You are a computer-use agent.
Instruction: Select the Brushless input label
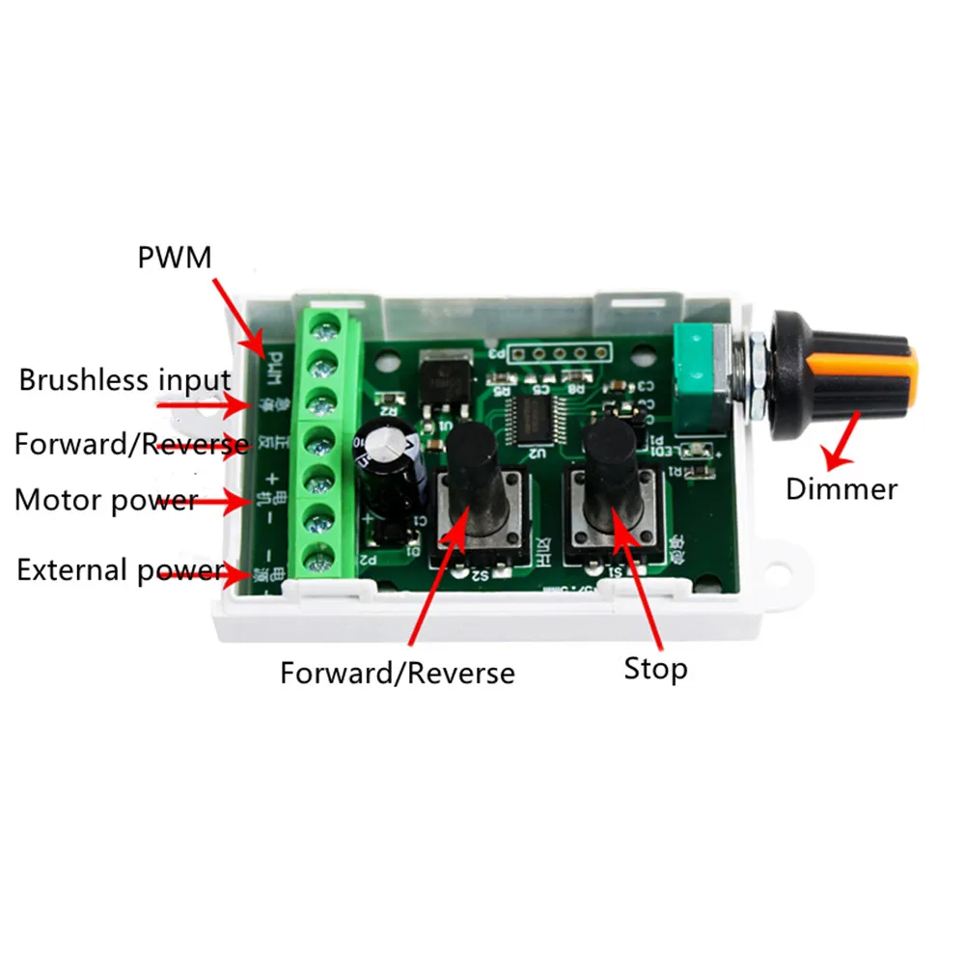tap(124, 379)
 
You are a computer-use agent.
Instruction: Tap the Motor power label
tap(105, 501)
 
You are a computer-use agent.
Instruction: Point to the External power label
tap(120, 570)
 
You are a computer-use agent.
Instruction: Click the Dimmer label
tap(841, 488)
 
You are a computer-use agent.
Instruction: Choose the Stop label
tap(655, 668)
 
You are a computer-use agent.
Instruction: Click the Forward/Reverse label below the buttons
tap(398, 672)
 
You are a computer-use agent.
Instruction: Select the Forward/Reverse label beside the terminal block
tap(130, 444)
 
